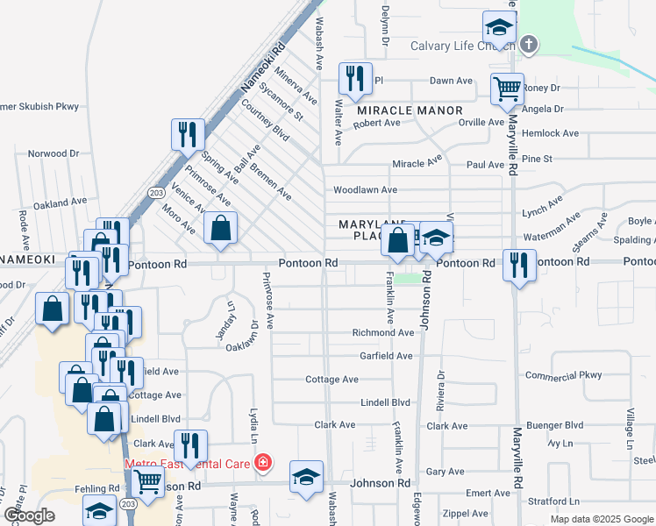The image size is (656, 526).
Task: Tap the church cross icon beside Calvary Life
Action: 528,44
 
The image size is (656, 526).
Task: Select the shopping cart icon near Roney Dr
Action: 507,89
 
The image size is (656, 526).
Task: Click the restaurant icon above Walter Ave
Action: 355,78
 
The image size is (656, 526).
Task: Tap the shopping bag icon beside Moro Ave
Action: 220,228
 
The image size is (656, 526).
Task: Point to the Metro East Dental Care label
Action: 189,464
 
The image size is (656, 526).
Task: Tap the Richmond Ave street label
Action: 382,333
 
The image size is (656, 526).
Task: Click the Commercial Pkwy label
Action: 563,375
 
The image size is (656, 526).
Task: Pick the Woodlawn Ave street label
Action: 365,190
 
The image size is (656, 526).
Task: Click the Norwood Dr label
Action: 53,153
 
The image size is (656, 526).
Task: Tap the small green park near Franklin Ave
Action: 405,280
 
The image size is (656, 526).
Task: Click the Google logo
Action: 29,516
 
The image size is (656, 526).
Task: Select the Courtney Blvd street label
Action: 265,120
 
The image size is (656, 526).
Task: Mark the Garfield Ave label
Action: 386,356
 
